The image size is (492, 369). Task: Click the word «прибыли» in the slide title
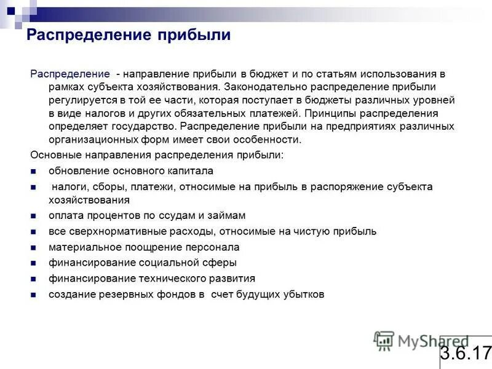[198, 35]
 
